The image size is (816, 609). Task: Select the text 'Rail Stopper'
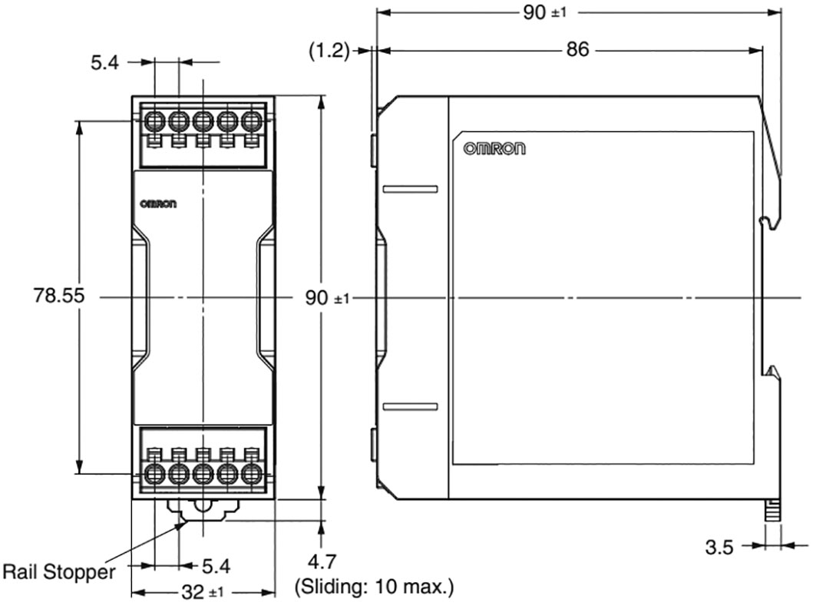coord(59,572)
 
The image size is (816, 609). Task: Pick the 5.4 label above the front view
coord(105,63)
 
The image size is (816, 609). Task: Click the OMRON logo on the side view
coord(494,149)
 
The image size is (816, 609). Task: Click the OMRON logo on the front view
coord(158,204)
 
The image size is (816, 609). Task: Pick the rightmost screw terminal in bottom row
coord(251,472)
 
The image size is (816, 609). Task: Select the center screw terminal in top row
coord(203,121)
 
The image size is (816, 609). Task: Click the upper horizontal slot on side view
coord(410,189)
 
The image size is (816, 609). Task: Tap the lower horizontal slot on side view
coord(410,405)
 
